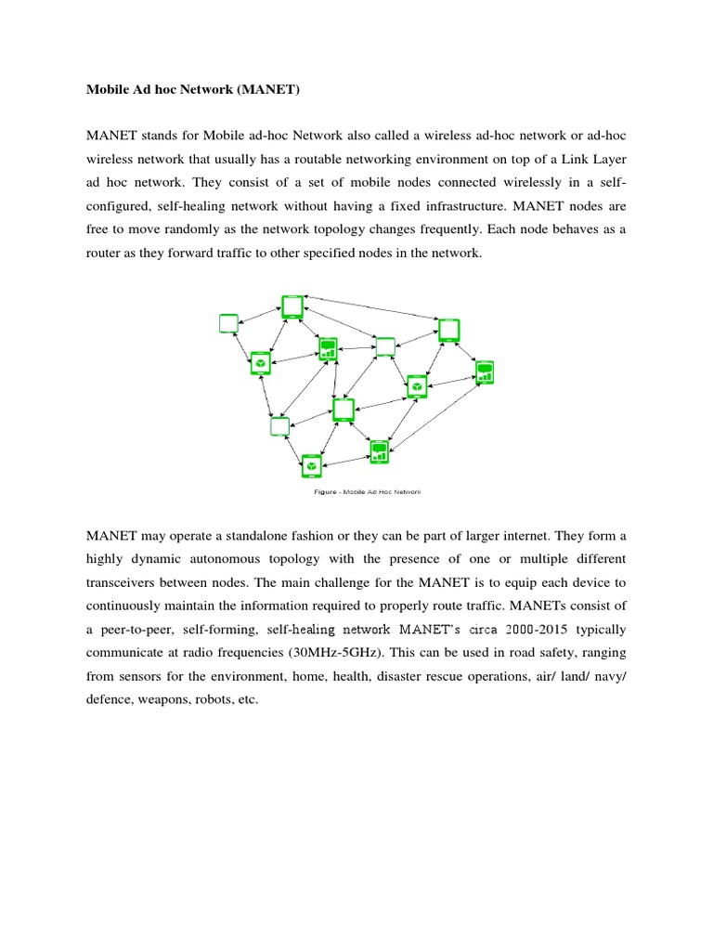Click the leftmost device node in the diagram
(228, 324)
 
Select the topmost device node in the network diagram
(292, 307)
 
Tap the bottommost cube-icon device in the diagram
(312, 464)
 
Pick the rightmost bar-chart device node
(484, 372)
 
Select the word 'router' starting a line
(106, 252)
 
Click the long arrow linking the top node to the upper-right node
(371, 309)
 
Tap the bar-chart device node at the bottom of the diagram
(379, 452)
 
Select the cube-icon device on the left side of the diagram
(261, 362)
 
